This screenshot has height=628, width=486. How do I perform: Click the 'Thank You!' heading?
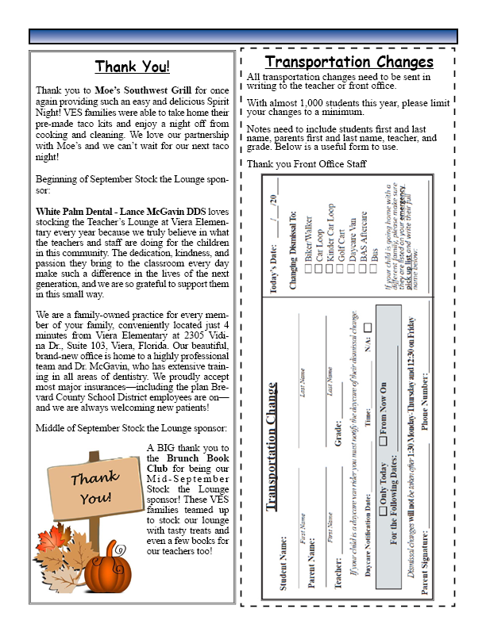[133, 67]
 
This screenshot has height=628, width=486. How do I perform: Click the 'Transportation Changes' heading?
[349, 62]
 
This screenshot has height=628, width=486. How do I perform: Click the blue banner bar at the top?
[243, 36]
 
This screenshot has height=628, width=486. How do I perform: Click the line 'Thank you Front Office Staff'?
[307, 163]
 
